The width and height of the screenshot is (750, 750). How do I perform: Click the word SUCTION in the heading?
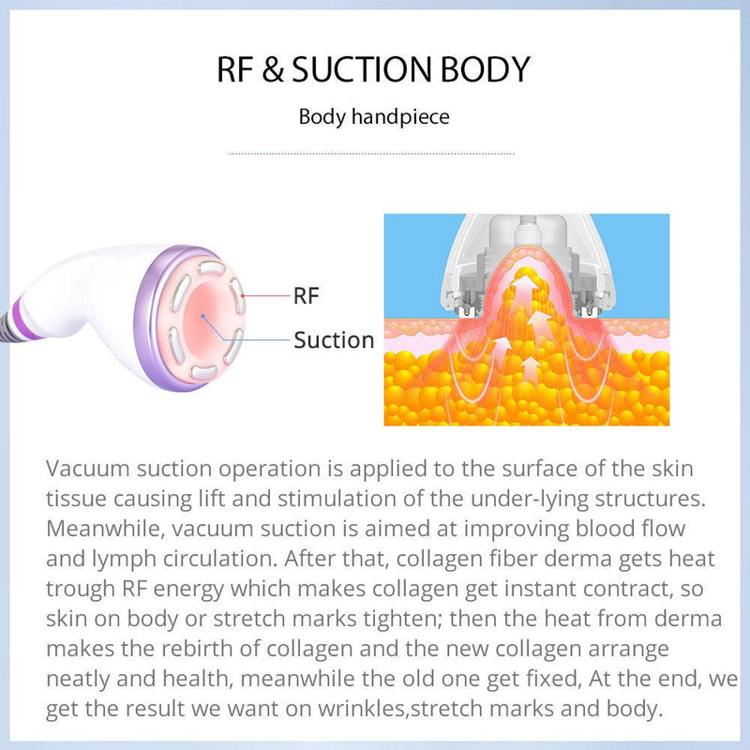pos(362,70)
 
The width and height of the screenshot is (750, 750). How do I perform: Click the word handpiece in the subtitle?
pos(404,117)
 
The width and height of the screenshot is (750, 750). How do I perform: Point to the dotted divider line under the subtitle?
pos(372,152)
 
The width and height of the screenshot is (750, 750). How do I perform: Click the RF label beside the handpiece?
pos(307,296)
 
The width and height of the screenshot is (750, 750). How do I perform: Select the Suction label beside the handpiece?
pos(334,339)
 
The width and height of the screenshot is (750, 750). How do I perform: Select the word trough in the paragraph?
pos(80,590)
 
